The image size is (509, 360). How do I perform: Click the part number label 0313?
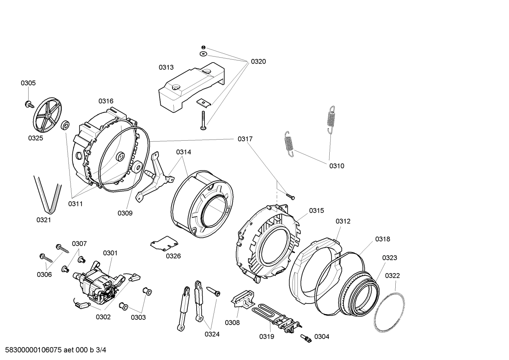point(166,67)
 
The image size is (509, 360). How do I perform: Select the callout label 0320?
point(258,61)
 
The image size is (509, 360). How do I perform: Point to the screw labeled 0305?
point(28,104)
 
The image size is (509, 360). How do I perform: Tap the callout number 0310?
point(337,166)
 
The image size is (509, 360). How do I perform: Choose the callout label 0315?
point(316,211)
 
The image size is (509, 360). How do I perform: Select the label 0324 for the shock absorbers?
point(212,334)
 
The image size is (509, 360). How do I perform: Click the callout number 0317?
point(245,139)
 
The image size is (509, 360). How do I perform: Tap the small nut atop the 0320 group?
point(203,47)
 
